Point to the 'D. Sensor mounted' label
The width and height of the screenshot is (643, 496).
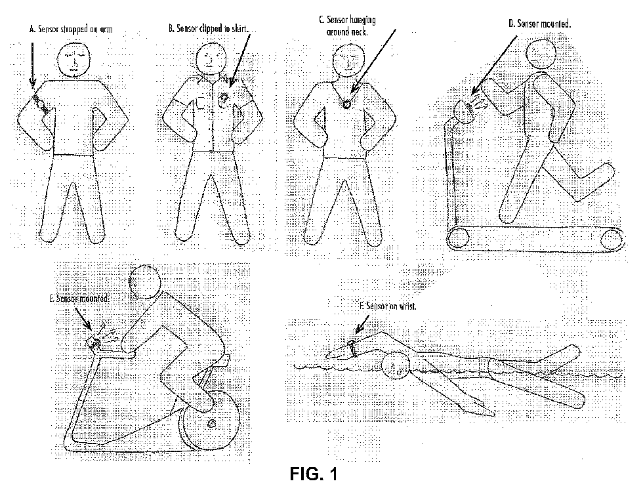[540, 24]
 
